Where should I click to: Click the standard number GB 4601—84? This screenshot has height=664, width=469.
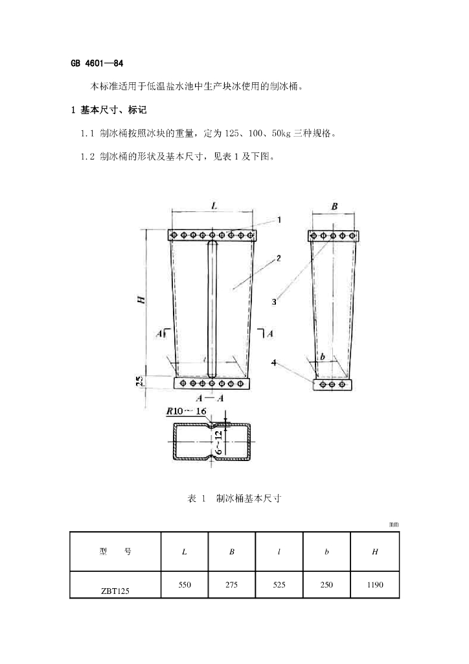point(97,64)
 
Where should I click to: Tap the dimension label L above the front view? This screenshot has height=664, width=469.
point(214,206)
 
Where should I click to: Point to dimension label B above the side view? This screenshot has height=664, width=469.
point(334,206)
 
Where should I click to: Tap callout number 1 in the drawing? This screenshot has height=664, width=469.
point(279,220)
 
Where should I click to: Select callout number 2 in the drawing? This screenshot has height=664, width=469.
point(278,258)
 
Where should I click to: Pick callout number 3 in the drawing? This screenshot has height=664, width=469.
point(274,302)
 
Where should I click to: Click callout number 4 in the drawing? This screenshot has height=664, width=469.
point(274,363)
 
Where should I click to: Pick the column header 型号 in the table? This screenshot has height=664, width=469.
point(115,552)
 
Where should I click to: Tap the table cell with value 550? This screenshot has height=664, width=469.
point(185,585)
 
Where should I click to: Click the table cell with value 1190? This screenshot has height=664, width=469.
point(375,585)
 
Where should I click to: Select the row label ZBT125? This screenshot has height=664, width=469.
point(115,591)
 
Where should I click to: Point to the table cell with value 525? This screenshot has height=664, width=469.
point(279,585)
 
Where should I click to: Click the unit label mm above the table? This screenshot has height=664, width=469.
point(394,524)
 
